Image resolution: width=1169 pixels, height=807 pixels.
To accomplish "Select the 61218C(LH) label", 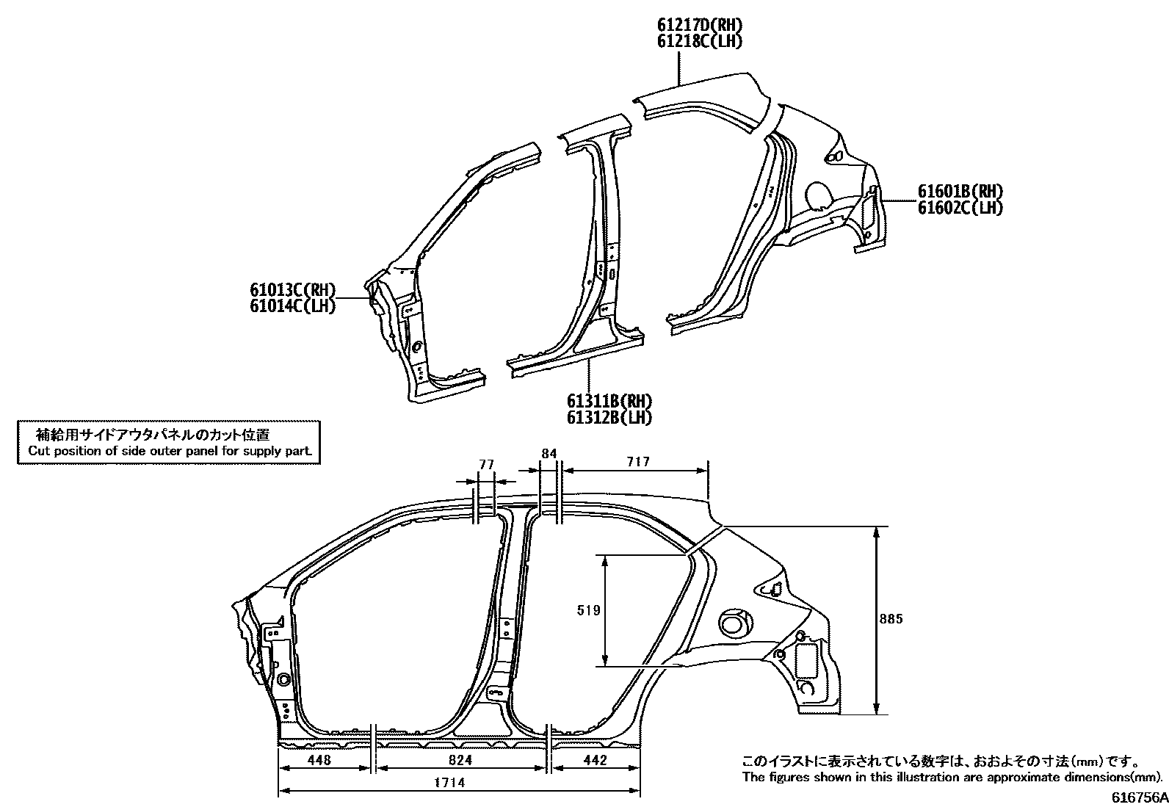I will (x=699, y=42).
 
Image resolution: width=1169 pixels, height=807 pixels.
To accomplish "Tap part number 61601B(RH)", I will (x=960, y=192).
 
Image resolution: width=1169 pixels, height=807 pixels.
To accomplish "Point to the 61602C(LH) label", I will (x=960, y=208).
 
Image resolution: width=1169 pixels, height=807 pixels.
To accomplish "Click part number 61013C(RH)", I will (x=292, y=290).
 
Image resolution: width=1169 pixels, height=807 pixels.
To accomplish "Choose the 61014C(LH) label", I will (x=292, y=306).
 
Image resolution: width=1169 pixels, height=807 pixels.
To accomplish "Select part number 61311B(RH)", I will (x=609, y=402).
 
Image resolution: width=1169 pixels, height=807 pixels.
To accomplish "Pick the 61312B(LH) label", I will (x=609, y=418).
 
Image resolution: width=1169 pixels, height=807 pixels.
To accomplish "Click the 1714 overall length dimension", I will (x=449, y=783).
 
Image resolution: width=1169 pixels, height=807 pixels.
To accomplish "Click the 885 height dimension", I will (x=891, y=619).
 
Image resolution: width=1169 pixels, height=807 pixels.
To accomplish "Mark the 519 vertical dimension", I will (x=589, y=610).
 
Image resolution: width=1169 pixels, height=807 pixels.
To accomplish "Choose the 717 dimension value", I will (x=639, y=462).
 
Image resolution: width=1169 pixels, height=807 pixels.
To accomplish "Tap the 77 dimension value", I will (x=486, y=464).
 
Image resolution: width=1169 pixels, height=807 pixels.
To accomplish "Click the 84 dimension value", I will (x=549, y=453).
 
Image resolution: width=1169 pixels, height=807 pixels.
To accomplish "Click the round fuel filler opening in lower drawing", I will (x=732, y=624).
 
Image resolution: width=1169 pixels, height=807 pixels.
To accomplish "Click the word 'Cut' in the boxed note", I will (x=37, y=451).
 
